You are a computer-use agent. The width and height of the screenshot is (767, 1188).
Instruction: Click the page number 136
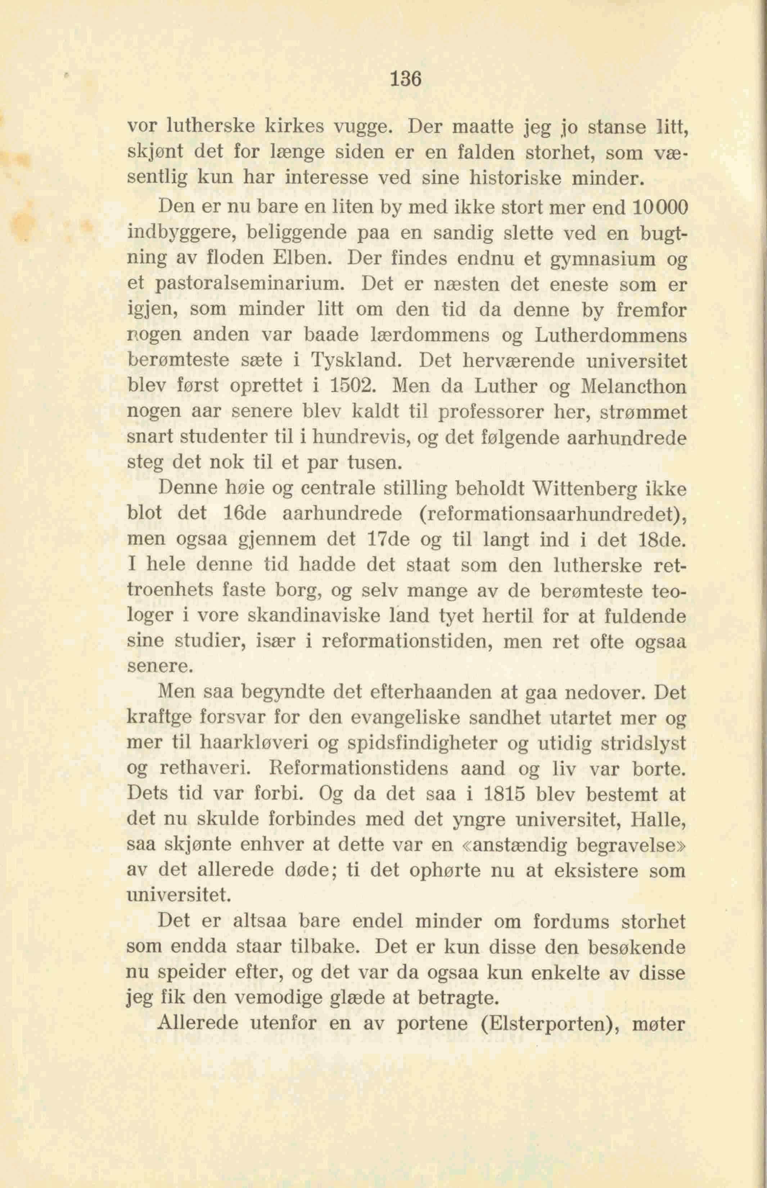[x=406, y=79]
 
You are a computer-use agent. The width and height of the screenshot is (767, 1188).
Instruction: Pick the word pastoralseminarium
[x=249, y=284]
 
